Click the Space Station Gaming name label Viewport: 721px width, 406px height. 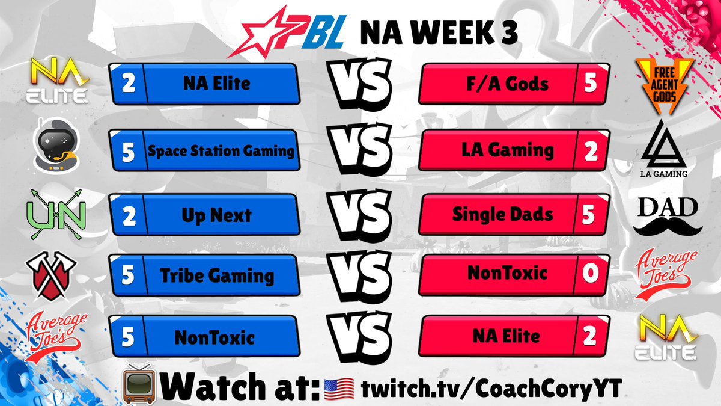(221, 150)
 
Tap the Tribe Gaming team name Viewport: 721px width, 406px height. (217, 275)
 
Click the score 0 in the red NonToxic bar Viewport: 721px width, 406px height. (589, 274)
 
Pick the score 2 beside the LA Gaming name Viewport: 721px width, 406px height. (591, 150)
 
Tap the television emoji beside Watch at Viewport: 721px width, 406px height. (139, 383)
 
